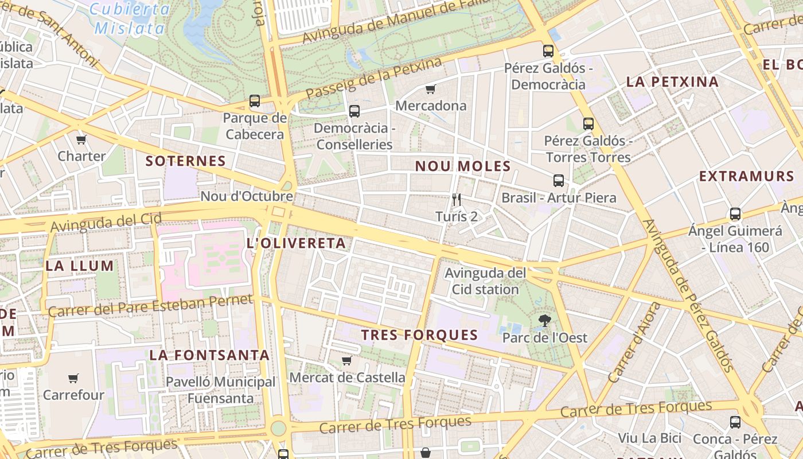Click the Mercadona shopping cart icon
(x=430, y=89)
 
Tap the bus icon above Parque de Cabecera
(x=255, y=101)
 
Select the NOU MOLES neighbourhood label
(x=462, y=166)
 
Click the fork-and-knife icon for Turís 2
(x=457, y=200)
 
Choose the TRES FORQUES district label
(x=419, y=335)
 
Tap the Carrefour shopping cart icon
(x=73, y=378)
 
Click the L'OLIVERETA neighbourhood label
(x=296, y=243)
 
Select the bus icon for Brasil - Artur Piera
(x=559, y=181)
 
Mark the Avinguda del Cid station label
(x=485, y=281)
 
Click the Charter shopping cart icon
(x=81, y=139)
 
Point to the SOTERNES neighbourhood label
(x=185, y=161)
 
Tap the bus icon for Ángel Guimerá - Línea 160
(x=735, y=214)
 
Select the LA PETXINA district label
(x=672, y=81)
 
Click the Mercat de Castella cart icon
(x=346, y=360)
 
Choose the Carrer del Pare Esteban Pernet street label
(x=150, y=306)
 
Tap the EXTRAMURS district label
(x=746, y=176)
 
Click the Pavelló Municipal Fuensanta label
(x=221, y=390)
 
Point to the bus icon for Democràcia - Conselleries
(x=354, y=111)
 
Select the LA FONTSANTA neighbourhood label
(x=209, y=355)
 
